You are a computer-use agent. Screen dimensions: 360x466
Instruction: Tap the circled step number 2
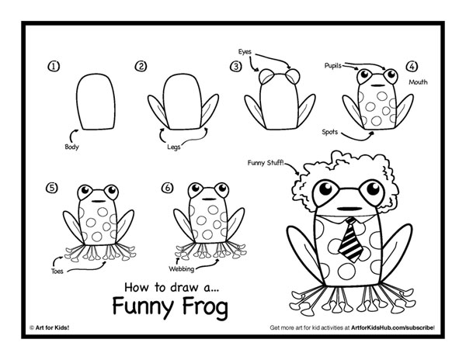141,67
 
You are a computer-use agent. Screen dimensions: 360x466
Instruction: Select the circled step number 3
235,67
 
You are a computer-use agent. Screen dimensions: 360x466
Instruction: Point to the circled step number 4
412,67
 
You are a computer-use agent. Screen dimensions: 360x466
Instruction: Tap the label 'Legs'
175,145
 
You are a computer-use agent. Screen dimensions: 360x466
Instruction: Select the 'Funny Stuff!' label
266,164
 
